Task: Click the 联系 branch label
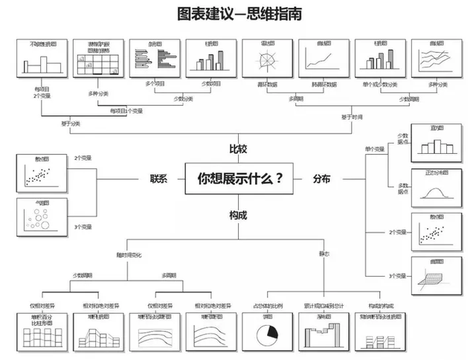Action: [x=158, y=179]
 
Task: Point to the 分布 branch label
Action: [x=322, y=179]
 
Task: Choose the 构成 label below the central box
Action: [x=238, y=215]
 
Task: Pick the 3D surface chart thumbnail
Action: [x=437, y=274]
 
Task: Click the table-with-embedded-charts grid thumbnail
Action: [x=97, y=58]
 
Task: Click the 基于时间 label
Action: [x=353, y=117]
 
